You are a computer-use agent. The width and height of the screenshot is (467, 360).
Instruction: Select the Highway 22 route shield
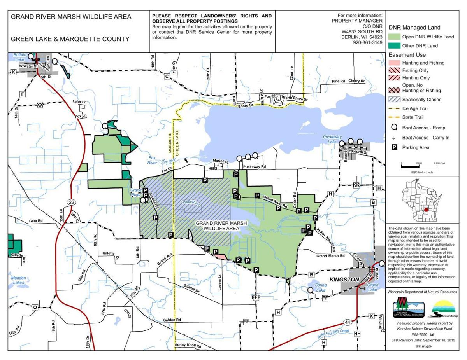click(x=71, y=202)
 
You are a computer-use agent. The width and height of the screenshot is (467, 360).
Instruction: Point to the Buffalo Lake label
click(x=18, y=58)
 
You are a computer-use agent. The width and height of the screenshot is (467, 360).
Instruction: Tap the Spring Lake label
click(x=321, y=288)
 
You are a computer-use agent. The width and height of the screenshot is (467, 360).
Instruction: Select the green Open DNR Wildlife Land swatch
click(x=395, y=37)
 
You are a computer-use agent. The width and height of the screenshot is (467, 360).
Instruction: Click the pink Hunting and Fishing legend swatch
click(x=395, y=63)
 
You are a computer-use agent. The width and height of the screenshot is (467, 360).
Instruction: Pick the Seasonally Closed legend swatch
click(x=395, y=100)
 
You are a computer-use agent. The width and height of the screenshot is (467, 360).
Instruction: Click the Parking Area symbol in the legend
click(x=394, y=147)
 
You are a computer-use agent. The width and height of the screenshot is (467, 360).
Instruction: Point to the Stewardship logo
click(x=443, y=309)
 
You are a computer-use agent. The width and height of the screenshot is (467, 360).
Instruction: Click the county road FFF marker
click(x=256, y=297)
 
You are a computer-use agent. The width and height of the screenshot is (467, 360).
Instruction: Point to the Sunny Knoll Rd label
click(x=188, y=346)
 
